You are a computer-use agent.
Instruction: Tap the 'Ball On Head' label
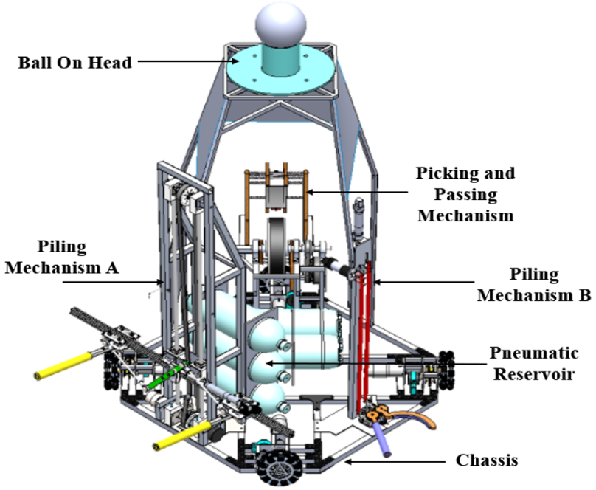tap(75, 63)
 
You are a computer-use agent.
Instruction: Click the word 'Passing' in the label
tap(465, 196)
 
